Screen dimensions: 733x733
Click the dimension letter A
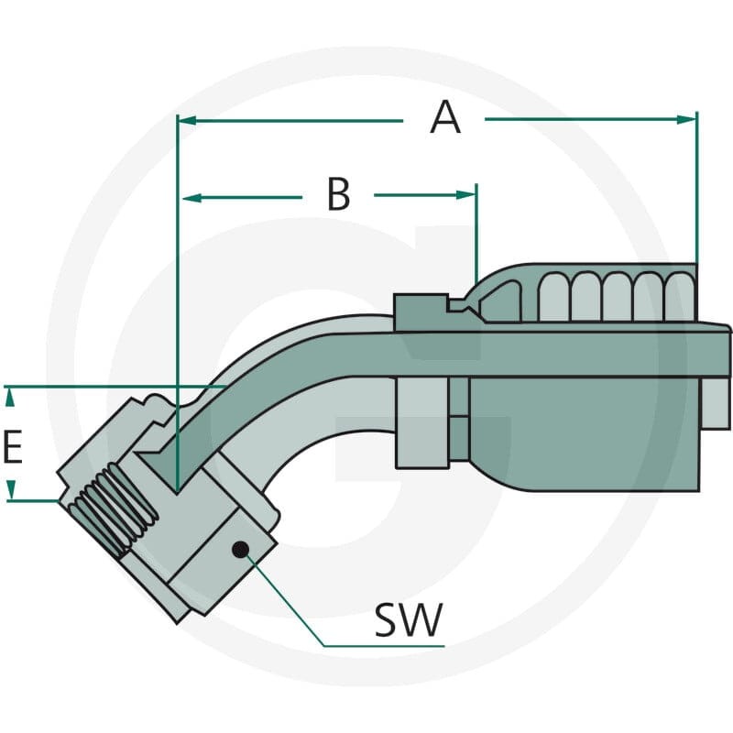[x=445, y=118]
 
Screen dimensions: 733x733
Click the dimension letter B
[x=338, y=194]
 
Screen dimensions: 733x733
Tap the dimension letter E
[x=13, y=447]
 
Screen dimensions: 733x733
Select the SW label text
[x=409, y=620]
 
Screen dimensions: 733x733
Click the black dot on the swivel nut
[x=240, y=549]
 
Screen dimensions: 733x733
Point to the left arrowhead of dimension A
[x=187, y=121]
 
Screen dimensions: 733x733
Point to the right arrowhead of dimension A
[x=686, y=120]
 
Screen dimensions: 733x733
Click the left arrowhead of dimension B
[x=191, y=198]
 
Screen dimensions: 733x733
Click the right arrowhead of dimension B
[x=466, y=195]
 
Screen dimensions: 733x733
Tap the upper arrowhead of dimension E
[x=10, y=398]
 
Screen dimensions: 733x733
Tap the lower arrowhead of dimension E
[x=11, y=490]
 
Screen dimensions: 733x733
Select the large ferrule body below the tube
[x=585, y=433]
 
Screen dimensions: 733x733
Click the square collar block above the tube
[x=421, y=312]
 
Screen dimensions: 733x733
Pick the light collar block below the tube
[x=422, y=422]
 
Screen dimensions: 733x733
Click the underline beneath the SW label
[x=384, y=646]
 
